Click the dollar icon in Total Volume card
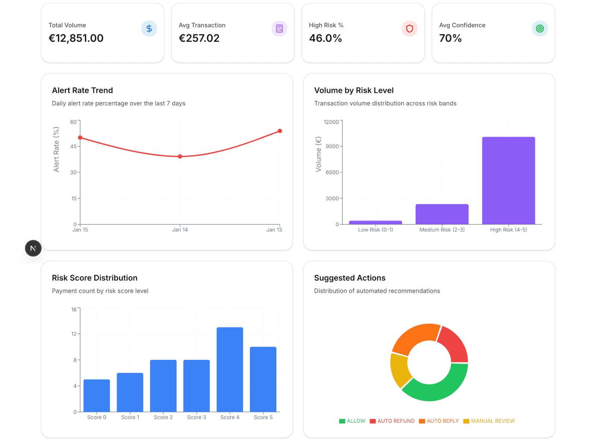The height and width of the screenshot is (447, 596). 149,29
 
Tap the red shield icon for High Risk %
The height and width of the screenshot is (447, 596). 409,29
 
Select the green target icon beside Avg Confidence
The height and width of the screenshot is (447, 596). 540,29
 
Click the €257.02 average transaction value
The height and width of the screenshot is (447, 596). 199,38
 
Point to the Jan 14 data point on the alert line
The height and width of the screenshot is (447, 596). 180,156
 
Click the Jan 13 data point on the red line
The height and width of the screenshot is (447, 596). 280,131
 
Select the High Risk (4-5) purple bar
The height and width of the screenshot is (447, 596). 508,181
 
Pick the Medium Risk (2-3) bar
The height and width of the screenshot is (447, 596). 442,214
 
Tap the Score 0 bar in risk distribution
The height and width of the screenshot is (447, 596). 97,396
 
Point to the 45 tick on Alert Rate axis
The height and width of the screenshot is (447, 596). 73,146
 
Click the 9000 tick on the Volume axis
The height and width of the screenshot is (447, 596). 332,146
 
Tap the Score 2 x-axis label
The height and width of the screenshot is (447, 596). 163,417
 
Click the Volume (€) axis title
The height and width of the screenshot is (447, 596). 318,154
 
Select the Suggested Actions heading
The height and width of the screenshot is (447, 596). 349,278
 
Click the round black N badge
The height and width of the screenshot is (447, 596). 33,248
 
